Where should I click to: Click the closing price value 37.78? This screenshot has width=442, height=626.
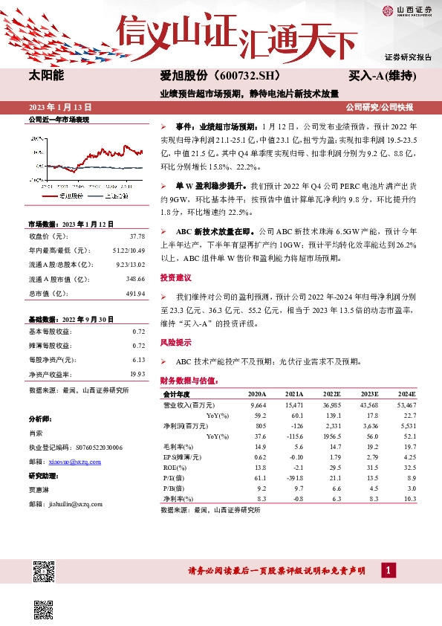pyautogui.click(x=137, y=236)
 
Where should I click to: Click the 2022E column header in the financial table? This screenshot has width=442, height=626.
pyautogui.click(x=331, y=394)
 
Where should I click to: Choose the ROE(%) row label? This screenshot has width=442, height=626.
pyautogui.click(x=174, y=466)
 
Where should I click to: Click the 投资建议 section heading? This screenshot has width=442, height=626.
pyautogui.click(x=175, y=277)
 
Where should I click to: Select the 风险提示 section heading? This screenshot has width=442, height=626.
pyautogui.click(x=175, y=343)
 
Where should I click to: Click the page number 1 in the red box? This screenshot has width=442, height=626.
pyautogui.click(x=388, y=570)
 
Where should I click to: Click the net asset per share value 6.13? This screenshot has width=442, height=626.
pyautogui.click(x=138, y=360)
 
